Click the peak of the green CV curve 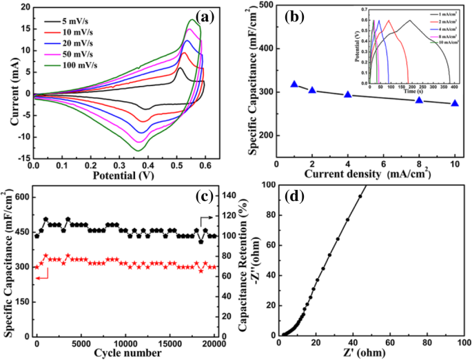coord(191,20)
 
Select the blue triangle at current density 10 coord(455,103)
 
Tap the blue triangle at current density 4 coord(348,94)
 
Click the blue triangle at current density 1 coord(294,84)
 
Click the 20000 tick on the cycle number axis coord(216,343)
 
